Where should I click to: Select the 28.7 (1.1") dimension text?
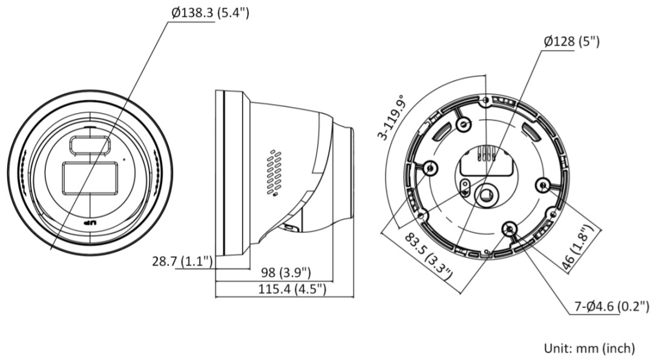click(182, 261)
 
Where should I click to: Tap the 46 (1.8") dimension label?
click(582, 249)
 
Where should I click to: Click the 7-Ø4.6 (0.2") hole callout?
click(611, 307)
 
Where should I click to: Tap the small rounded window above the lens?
click(90, 145)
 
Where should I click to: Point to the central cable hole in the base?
click(485, 193)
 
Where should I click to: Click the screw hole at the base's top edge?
click(485, 100)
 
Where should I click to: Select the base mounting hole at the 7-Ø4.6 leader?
click(510, 228)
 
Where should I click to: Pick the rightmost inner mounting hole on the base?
click(542, 184)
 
